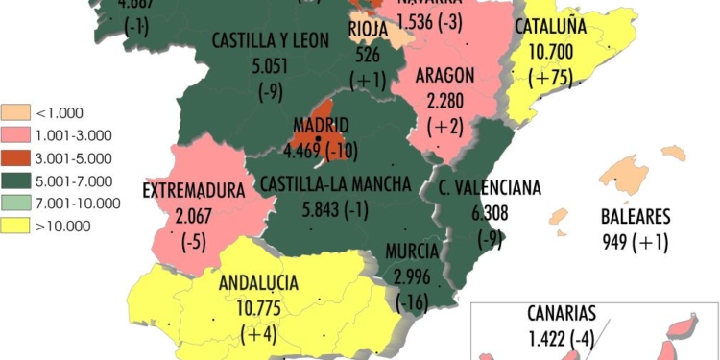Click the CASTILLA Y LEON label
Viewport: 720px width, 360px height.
[x=270, y=40]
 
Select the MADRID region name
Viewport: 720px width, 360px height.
[x=322, y=127]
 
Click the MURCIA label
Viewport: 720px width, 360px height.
[x=412, y=252]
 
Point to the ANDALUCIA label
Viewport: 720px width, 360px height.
[x=258, y=283]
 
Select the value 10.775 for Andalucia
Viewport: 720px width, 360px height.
[x=258, y=308]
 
